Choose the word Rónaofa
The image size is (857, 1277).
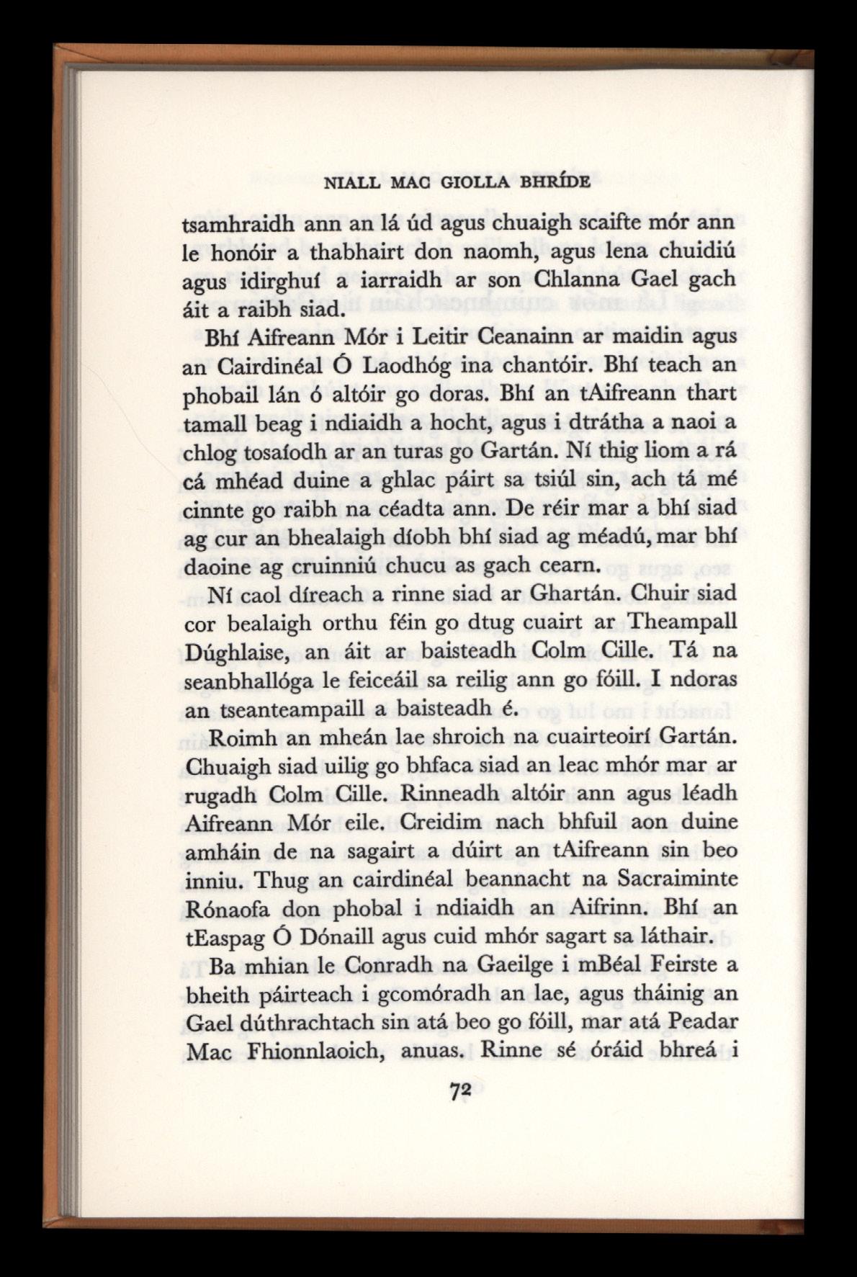[x=228, y=908]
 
